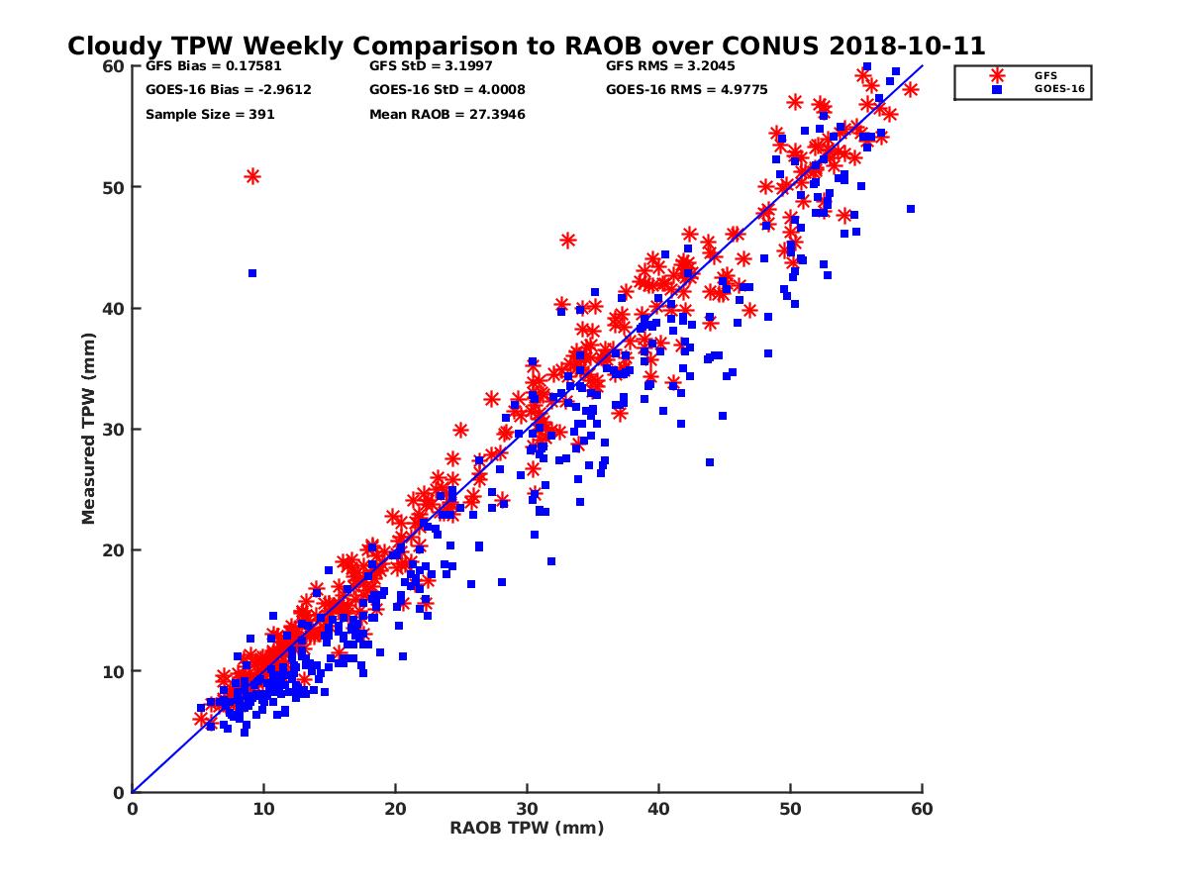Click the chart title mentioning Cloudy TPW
click(x=526, y=47)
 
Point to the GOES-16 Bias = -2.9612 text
click(x=214, y=90)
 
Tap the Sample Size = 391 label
click(x=210, y=115)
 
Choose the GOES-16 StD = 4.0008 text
click(x=446, y=90)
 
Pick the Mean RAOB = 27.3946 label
click(x=446, y=115)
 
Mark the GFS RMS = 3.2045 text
click(x=670, y=66)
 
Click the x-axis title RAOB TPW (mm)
click(x=527, y=829)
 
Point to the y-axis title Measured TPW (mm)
click(x=88, y=429)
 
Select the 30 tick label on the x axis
click(x=527, y=809)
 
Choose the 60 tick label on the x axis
click(x=922, y=809)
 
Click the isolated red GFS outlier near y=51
click(x=252, y=176)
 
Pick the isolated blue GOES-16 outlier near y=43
click(x=252, y=273)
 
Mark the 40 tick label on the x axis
click(x=658, y=809)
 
